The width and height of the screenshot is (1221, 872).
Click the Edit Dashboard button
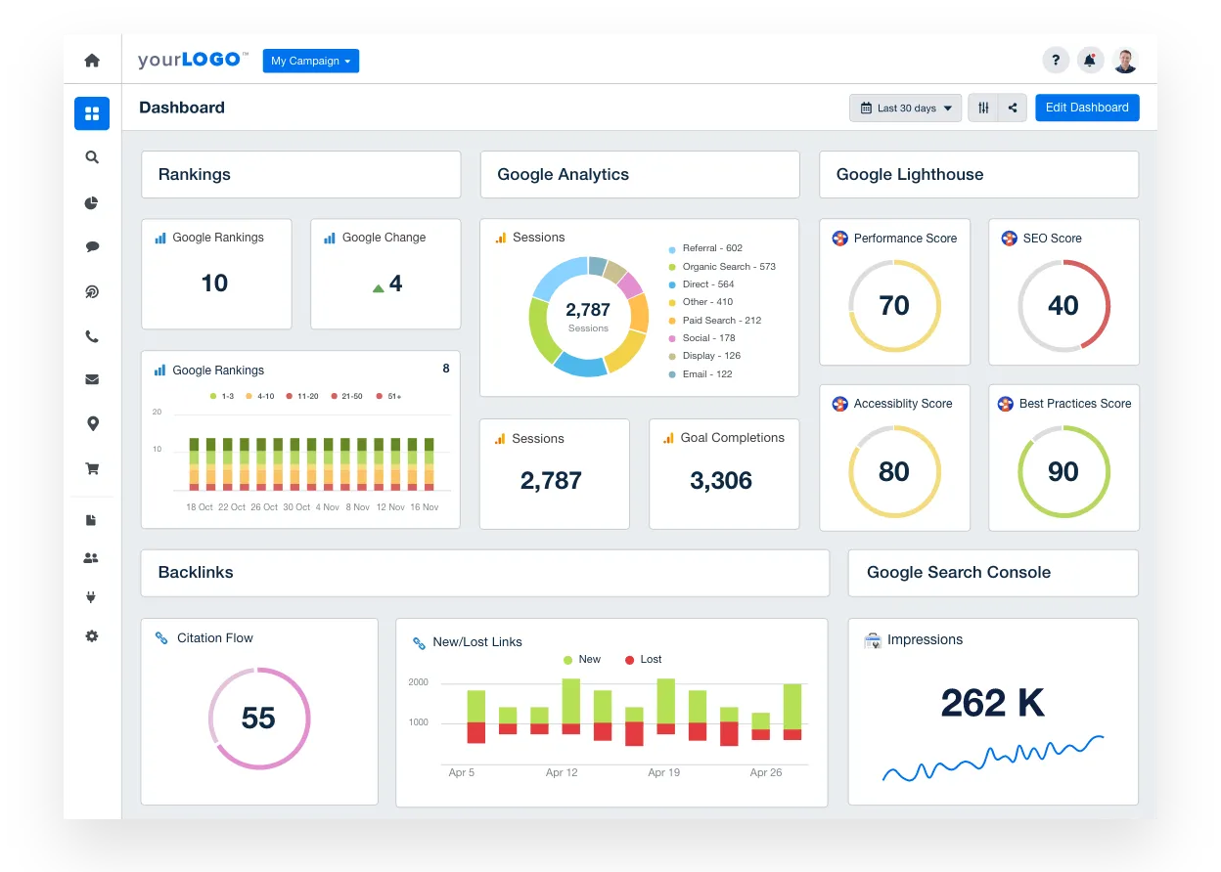coord(1087,108)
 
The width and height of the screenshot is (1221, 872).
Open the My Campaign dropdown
coord(311,61)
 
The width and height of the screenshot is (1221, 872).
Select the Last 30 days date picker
coord(906,108)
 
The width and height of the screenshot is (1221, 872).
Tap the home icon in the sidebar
coord(92,61)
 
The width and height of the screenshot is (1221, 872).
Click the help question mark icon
coord(1056,61)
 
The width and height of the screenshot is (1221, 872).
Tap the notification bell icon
coord(1090,61)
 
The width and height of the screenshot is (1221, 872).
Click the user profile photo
coord(1125,61)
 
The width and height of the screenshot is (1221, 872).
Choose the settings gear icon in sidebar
coord(92,636)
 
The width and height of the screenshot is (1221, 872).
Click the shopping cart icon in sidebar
coord(92,469)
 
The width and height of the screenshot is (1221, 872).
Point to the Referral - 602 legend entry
coord(711,248)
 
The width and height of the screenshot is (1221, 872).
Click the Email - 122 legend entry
coord(706,374)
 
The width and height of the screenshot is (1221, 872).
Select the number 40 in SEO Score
coord(1063,306)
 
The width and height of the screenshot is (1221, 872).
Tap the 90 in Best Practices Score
coord(1063,472)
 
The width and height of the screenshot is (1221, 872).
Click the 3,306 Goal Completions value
coord(721,481)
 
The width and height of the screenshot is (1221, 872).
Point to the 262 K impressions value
coord(993,703)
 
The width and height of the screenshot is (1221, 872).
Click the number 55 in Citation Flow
coord(258,719)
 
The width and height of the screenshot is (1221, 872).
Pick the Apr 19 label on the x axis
coord(663,772)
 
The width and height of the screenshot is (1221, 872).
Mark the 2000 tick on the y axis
coord(418,682)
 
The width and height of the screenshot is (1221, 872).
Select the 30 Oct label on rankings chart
coord(296,507)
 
